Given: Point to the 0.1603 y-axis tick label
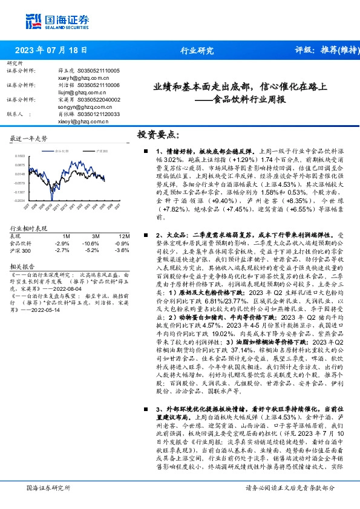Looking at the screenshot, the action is [20, 156].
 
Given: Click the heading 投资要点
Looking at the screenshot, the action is [159, 135].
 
